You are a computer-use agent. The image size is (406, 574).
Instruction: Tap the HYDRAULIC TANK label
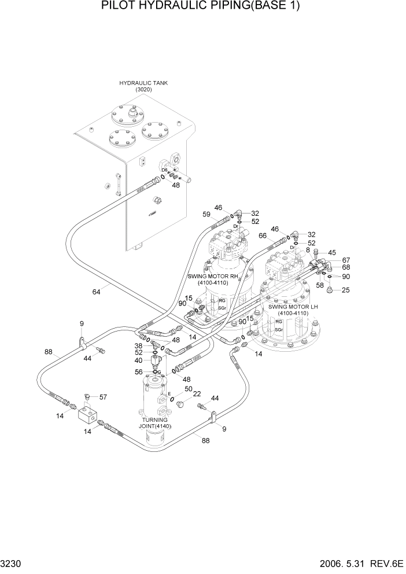143,83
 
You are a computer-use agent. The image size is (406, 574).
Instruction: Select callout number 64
96,292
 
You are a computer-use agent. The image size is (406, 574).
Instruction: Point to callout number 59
206,215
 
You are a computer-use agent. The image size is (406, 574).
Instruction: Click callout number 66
263,236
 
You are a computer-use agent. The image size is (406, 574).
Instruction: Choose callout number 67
346,260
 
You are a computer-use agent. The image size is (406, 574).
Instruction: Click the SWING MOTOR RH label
212,276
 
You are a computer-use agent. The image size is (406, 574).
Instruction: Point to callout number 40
139,360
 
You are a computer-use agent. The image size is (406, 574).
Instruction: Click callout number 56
139,372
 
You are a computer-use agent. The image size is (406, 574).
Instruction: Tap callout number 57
104,398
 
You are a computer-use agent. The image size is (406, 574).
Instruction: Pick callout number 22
197,394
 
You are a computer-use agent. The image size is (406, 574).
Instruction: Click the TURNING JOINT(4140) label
153,423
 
